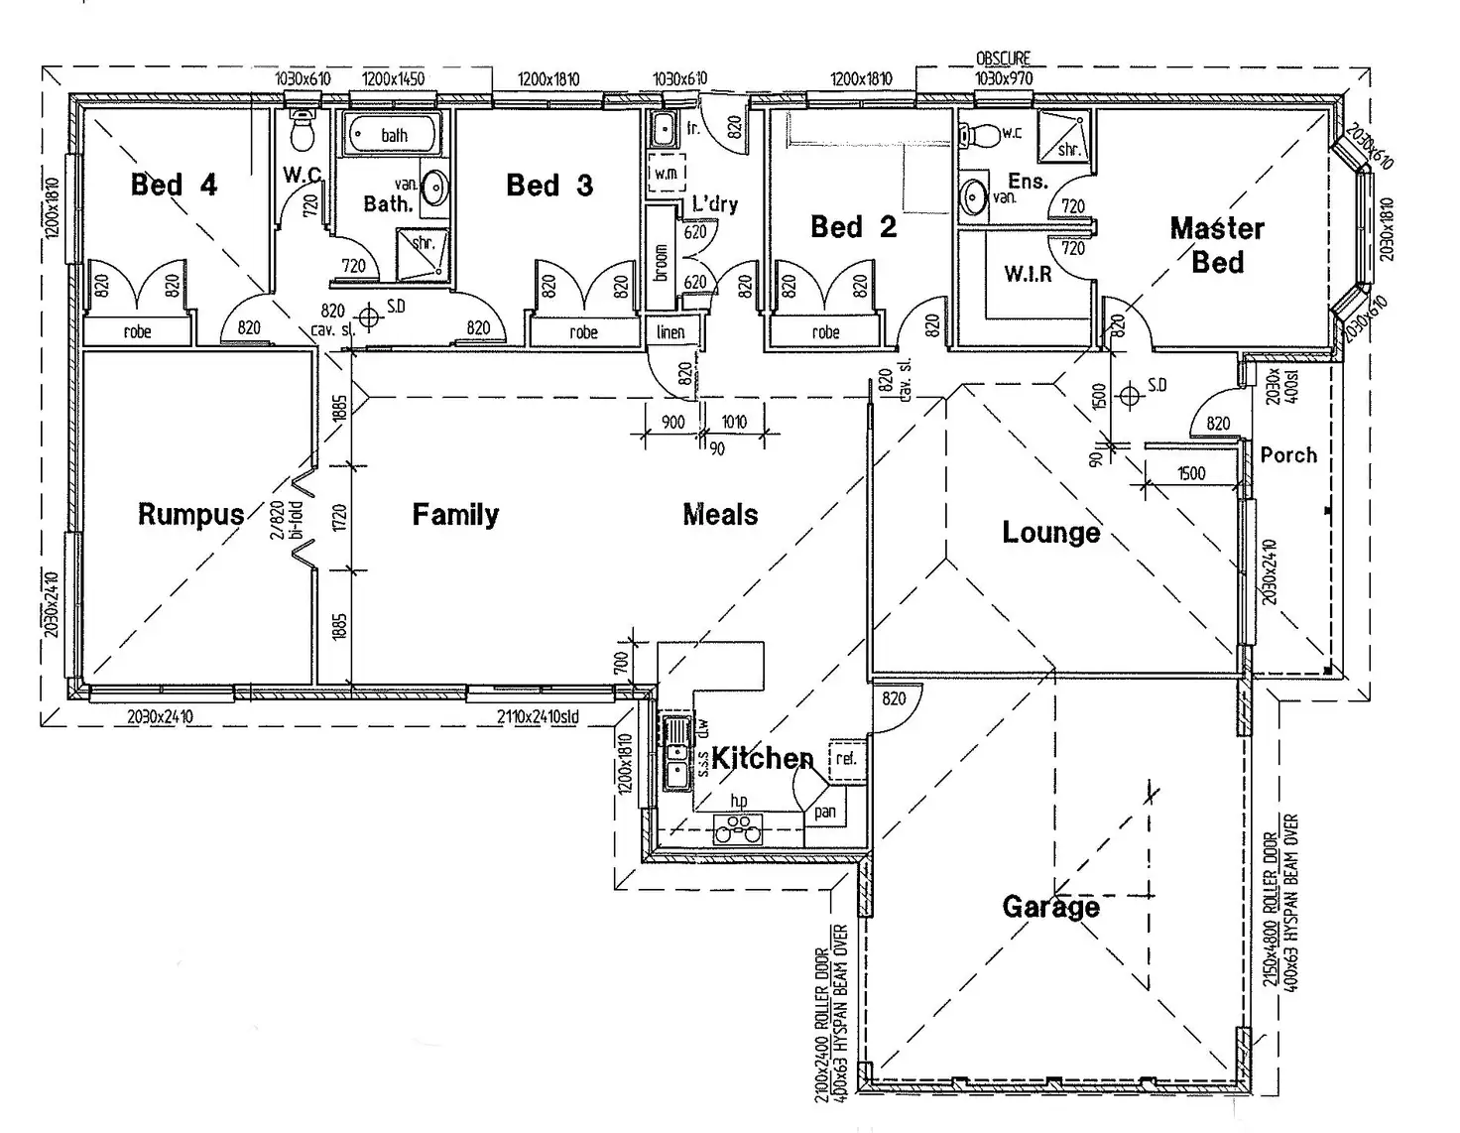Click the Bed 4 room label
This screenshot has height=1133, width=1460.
click(x=174, y=185)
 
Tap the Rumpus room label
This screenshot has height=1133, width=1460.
click(x=190, y=514)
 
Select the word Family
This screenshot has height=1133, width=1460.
click(x=455, y=514)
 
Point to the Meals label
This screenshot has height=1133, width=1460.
click(x=720, y=514)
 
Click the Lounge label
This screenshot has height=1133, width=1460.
click(x=1050, y=532)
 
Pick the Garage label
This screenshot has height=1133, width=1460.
click(x=1050, y=906)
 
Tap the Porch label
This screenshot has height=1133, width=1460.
click(x=1288, y=455)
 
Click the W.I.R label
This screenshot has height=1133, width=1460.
click(x=1028, y=274)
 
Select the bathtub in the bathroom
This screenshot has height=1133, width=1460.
click(x=392, y=135)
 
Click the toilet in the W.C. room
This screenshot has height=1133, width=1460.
click(x=302, y=129)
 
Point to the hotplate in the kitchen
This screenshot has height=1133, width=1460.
click(x=737, y=827)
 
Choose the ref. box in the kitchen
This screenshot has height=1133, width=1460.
click(x=845, y=758)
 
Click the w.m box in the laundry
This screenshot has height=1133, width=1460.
click(x=666, y=173)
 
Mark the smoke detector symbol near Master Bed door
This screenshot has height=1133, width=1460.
click(x=1129, y=396)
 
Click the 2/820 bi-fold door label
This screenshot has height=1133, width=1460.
click(x=286, y=519)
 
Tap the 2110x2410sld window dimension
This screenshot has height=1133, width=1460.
click(x=538, y=716)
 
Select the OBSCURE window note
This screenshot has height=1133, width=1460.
click(x=1003, y=59)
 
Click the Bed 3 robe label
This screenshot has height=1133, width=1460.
click(x=583, y=332)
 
